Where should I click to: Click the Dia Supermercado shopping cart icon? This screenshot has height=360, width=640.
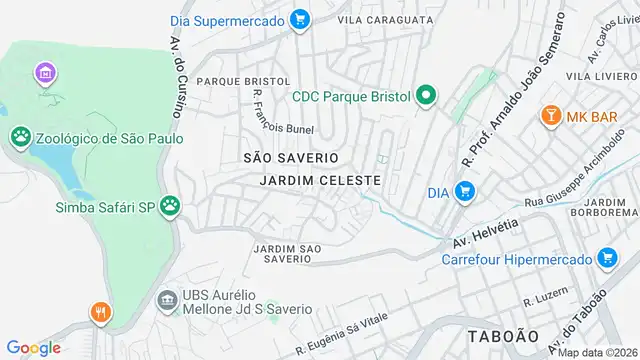pos(298,18)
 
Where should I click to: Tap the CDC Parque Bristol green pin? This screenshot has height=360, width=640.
pos(425,96)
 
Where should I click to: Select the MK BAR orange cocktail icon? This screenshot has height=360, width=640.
pos(549,116)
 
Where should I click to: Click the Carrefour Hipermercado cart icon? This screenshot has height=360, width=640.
pos(606,259)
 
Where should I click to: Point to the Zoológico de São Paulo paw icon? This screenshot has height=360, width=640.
pos(20,137)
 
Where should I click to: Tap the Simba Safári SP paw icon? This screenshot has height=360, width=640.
pos(172,206)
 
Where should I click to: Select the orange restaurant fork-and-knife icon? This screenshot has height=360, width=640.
pos(100,312)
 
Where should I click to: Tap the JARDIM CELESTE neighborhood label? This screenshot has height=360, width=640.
pos(320,180)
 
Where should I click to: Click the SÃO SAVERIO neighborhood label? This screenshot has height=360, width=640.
pos(291,158)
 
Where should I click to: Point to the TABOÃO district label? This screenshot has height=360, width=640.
pos(503,335)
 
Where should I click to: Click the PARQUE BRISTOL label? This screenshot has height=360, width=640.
pos(243,81)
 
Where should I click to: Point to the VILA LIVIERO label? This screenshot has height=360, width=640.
pos(598,75)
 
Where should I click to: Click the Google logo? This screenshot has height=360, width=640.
pos(33,347)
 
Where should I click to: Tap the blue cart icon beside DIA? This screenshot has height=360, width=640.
pos(464,191)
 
